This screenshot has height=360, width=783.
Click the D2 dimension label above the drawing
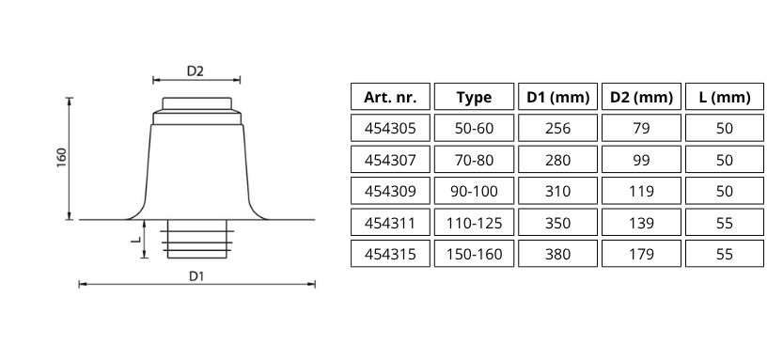click(x=196, y=70)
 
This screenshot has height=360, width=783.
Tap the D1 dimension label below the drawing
click(x=196, y=275)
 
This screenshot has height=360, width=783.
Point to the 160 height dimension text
click(x=61, y=157)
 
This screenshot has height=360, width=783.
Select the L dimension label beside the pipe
click(x=135, y=240)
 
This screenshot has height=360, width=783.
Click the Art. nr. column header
click(x=390, y=97)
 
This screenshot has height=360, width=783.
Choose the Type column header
click(x=474, y=97)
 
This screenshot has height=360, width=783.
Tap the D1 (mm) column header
click(x=557, y=97)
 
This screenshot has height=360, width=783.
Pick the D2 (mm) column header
click(x=641, y=97)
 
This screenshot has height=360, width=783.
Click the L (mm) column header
click(x=725, y=97)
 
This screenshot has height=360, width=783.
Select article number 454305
click(x=390, y=129)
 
